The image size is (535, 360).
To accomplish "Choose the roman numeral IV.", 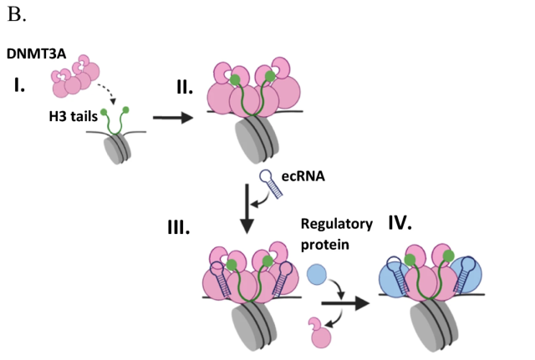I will pyautogui.click(x=404, y=223).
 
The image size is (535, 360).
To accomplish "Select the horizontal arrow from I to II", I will pyautogui.click(x=171, y=118).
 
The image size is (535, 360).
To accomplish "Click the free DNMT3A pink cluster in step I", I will pyautogui.click(x=72, y=77).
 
